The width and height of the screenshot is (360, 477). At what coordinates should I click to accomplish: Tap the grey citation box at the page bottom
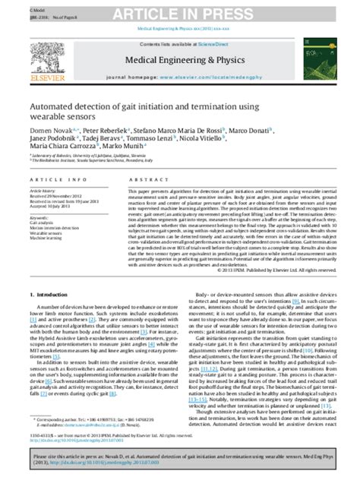180,457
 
